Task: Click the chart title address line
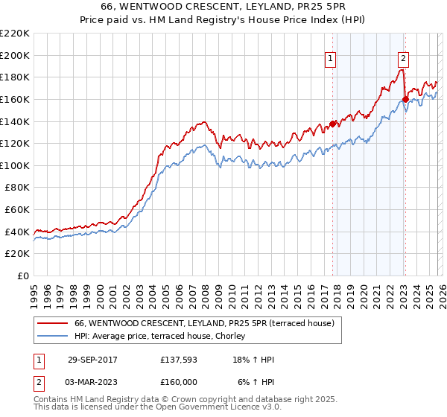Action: pos(223,6)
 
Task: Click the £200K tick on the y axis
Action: pos(16,55)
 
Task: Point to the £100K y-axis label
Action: pos(16,165)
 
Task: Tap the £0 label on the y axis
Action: pos(23,276)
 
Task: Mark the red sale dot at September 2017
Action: pos(333,124)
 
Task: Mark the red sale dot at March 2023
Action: pos(405,99)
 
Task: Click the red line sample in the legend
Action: pos(53,323)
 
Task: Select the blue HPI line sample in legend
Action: pos(53,336)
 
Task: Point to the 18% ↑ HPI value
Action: pos(253,360)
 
